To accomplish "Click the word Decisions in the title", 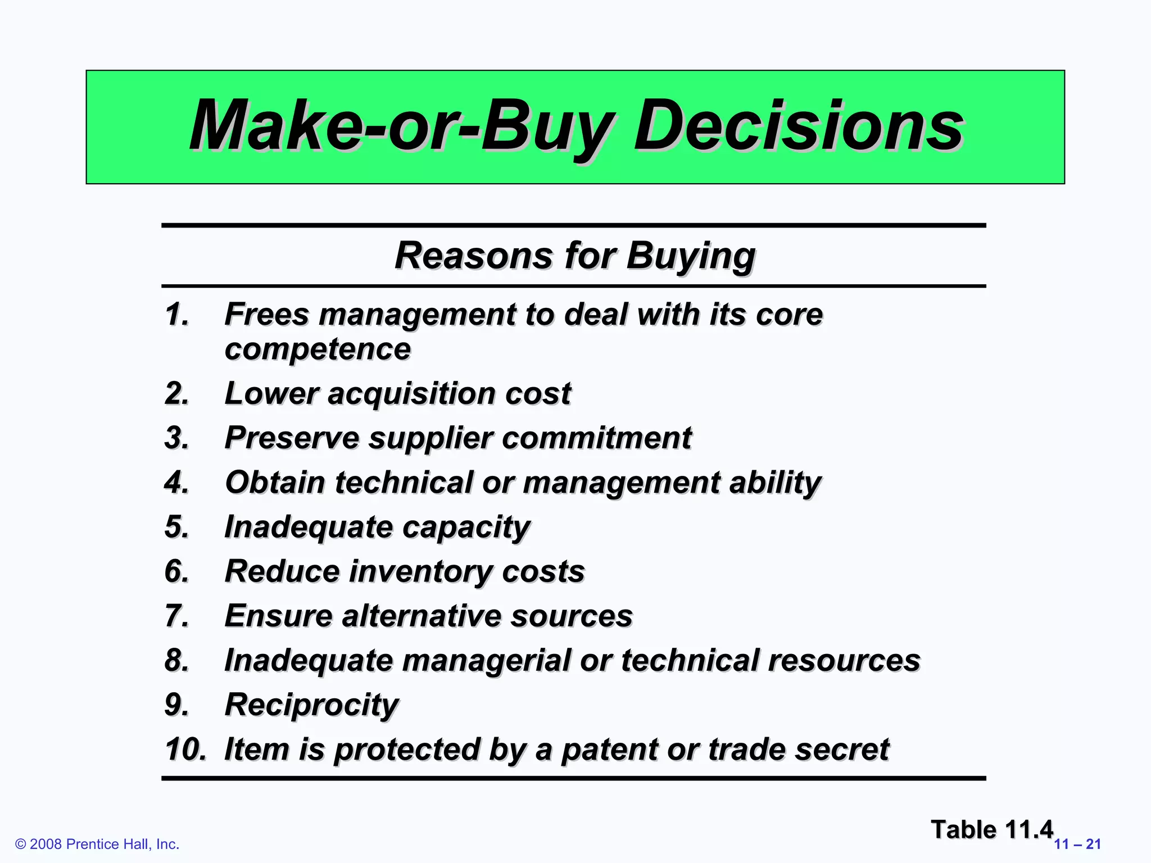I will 798,126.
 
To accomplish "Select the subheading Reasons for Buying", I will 574,256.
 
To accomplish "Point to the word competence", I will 318,349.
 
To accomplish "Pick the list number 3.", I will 176,438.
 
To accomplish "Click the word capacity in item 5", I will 466,527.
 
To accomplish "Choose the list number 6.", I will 176,571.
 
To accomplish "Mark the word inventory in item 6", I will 420,571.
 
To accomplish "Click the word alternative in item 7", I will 422,616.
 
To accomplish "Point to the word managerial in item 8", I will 487,660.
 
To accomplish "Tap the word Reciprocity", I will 311,705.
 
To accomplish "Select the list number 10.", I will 185,750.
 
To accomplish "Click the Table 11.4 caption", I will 991,829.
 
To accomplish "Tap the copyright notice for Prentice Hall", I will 97,844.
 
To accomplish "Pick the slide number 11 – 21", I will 1077,844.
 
